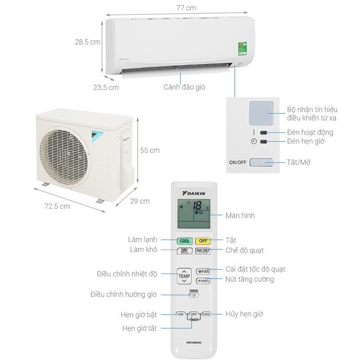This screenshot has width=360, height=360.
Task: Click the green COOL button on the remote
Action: pyautogui.click(x=185, y=241)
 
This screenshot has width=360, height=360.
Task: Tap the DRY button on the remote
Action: pyautogui.click(x=184, y=251)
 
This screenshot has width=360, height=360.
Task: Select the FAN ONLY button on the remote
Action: pyautogui.click(x=203, y=251)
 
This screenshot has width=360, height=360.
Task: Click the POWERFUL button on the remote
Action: pyautogui.click(x=203, y=280)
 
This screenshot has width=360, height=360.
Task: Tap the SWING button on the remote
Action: pyautogui.click(x=193, y=294)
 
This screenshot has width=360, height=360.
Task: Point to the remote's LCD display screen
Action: pyautogui.click(x=193, y=213)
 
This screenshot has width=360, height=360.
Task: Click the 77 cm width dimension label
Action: pyautogui.click(x=179, y=8)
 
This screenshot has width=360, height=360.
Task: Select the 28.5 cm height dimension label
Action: pyautogui.click(x=87, y=42)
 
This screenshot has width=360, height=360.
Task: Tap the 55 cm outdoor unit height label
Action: pyautogui.click(x=150, y=150)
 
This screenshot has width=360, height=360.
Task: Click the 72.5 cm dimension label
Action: pyautogui.click(x=57, y=206)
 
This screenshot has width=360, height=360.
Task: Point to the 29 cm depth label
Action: pyautogui.click(x=140, y=201)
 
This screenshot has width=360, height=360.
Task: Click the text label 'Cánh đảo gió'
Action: pyautogui.click(x=184, y=87)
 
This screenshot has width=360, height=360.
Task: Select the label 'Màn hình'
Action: pyautogui.click(x=240, y=216)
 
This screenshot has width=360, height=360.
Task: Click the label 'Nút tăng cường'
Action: pyautogui.click(x=250, y=279)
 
